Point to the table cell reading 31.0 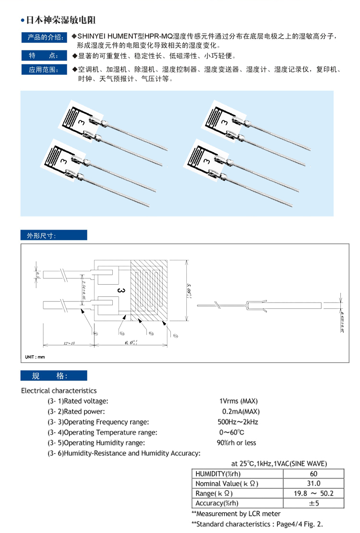click(x=313, y=484)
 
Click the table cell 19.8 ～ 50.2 click(x=313, y=493)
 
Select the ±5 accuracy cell click(x=313, y=503)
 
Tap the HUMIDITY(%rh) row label click(x=216, y=473)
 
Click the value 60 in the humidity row click(x=313, y=473)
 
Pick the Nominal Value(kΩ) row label click(x=222, y=484)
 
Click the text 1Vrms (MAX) click(x=239, y=401)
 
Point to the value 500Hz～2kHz click(x=238, y=422)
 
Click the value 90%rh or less click(x=237, y=443)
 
